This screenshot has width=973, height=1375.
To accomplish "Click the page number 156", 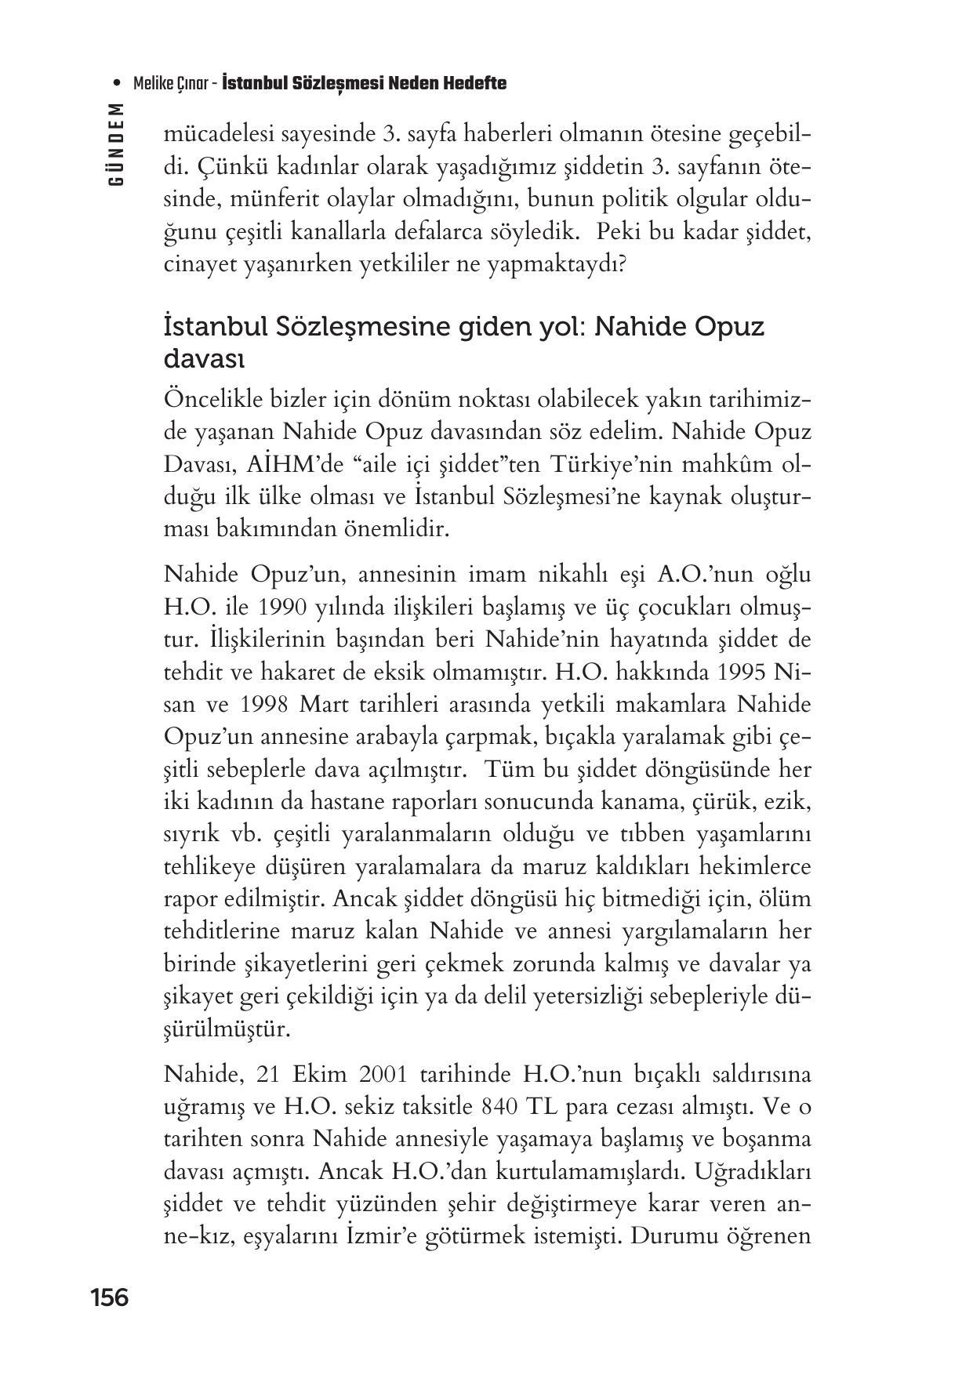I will tap(109, 1297).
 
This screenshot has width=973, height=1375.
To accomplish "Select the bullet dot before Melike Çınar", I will tap(117, 84).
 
